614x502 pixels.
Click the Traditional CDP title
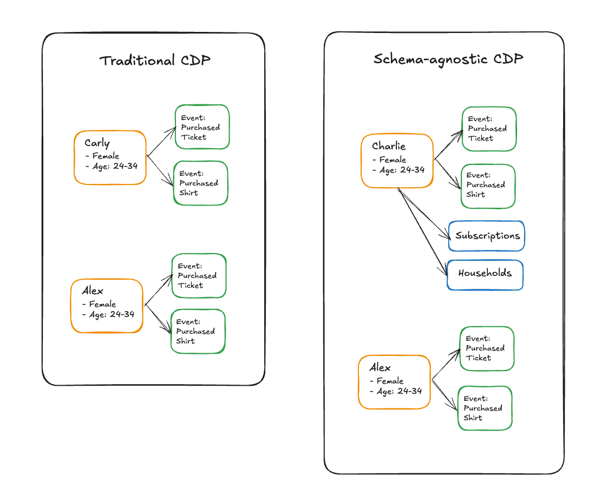pos(154,60)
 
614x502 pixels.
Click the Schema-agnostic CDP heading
pos(448,58)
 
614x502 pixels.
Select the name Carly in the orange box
pos(97,143)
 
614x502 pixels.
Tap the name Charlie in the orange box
pos(388,146)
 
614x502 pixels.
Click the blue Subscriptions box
pos(487,236)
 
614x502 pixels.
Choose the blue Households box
pos(485,273)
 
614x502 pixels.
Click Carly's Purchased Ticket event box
pos(202,127)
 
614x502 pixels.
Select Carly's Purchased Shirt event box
pos(200,183)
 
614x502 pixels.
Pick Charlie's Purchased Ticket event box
pos(488,129)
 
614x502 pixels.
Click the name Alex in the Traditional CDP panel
pos(93,290)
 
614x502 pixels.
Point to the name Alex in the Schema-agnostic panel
pos(380,368)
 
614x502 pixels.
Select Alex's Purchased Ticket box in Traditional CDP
pos(199,276)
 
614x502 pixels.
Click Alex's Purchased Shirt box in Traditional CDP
pos(198,332)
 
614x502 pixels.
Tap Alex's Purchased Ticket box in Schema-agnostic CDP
pos(486,348)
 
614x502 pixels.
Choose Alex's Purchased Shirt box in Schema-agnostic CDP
pos(485,408)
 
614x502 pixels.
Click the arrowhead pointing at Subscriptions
pos(447,237)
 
